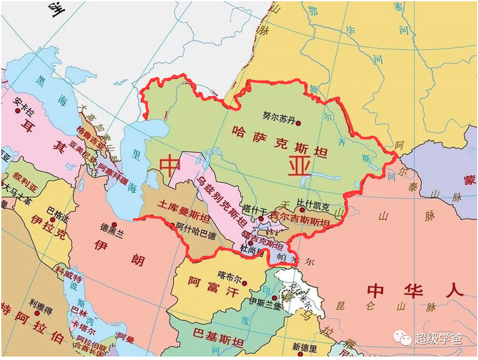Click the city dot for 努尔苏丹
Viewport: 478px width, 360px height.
tap(299, 123)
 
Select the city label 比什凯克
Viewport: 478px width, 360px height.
tap(313, 202)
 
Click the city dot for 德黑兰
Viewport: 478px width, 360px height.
tap(114, 225)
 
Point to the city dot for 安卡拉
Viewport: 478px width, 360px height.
tap(18, 111)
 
